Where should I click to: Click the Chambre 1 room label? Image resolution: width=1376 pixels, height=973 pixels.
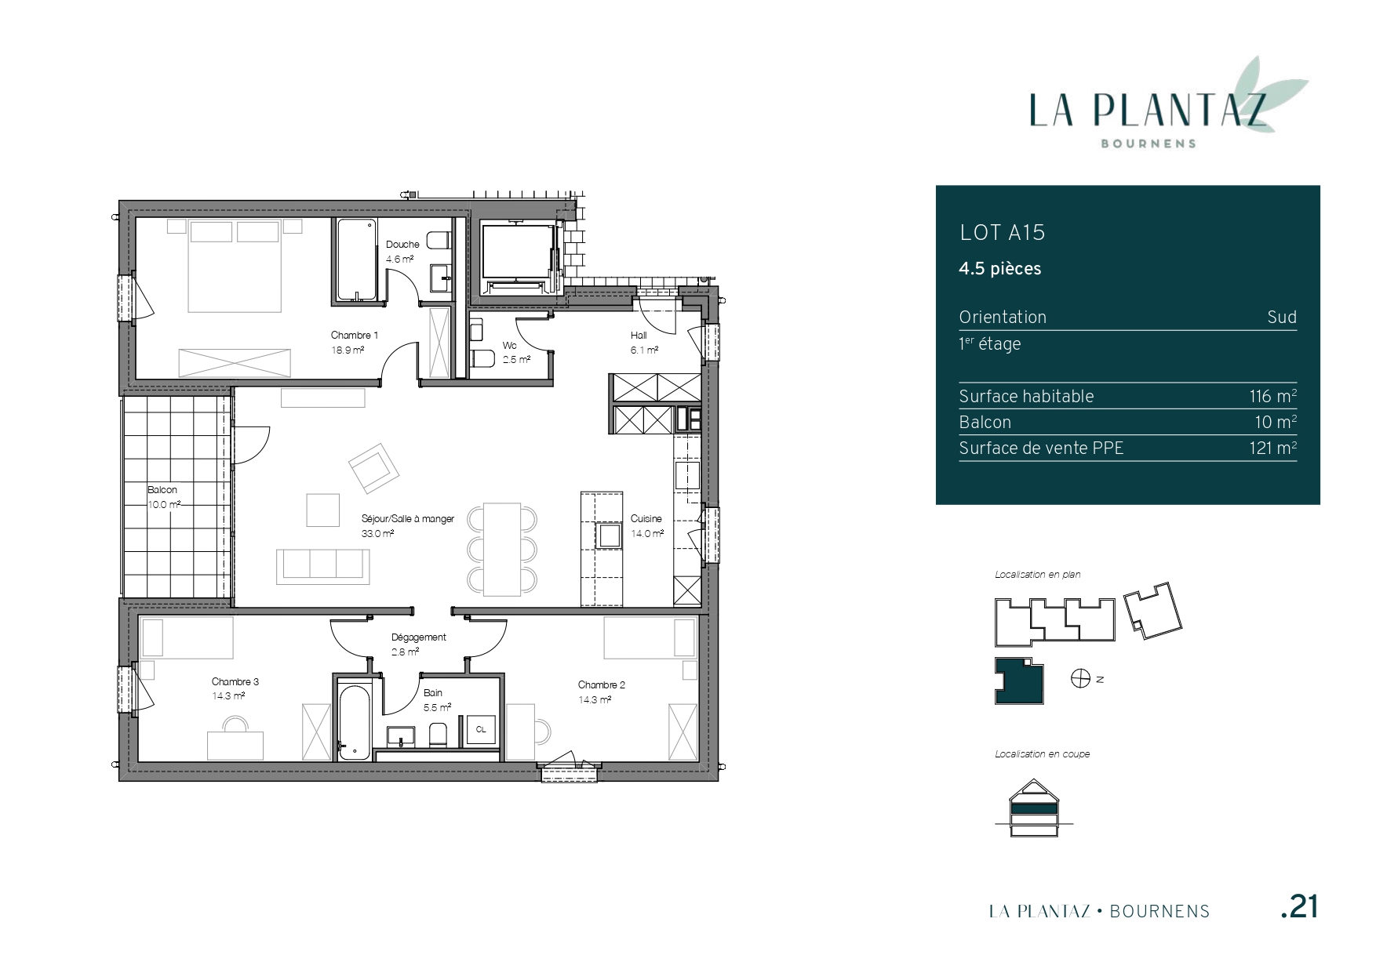[354, 336]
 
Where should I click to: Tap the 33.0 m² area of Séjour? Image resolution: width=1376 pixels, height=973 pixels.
[377, 533]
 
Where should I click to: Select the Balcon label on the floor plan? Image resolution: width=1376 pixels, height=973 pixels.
[162, 490]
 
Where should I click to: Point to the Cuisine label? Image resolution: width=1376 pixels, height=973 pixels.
[646, 518]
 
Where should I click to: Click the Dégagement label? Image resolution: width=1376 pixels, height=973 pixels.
[419, 637]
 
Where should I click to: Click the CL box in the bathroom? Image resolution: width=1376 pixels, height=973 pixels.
[480, 730]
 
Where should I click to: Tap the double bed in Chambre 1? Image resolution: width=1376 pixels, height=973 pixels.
[235, 266]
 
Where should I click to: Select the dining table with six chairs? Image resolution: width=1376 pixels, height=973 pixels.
[502, 550]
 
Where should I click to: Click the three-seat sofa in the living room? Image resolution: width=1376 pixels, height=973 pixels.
[322, 566]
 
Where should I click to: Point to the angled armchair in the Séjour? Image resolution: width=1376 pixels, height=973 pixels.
[374, 469]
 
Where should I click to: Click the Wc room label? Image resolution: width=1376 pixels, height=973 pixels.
[510, 346]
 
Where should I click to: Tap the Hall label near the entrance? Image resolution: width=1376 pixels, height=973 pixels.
[639, 336]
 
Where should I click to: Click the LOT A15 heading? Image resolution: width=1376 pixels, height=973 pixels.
[1003, 233]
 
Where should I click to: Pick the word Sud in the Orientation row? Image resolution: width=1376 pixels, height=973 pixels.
[1282, 318]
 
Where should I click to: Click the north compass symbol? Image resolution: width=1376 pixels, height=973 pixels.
[1080, 679]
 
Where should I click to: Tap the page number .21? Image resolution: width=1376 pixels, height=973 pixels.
[1299, 907]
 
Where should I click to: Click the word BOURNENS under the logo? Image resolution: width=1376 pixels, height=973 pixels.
[1148, 143]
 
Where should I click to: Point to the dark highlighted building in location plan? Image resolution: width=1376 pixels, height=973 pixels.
[1020, 681]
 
